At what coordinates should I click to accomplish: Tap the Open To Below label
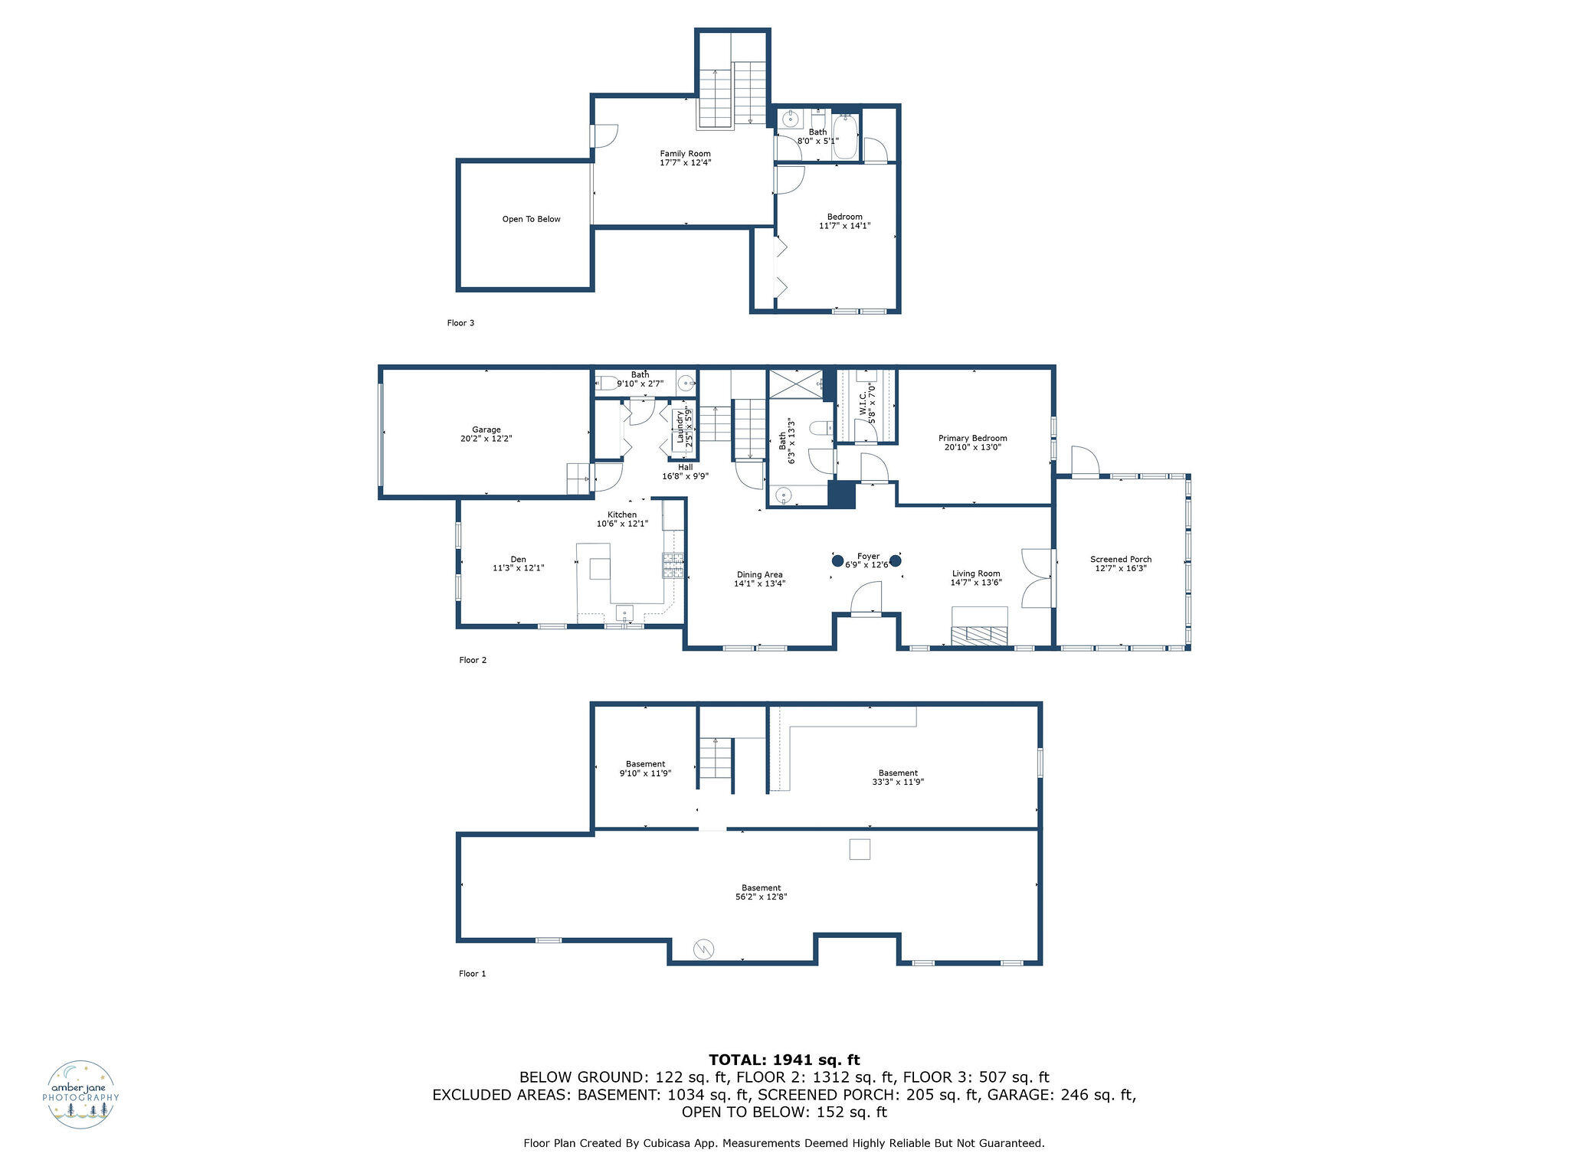(x=532, y=219)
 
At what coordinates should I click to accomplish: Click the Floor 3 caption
(x=460, y=323)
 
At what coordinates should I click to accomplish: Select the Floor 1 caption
(x=473, y=974)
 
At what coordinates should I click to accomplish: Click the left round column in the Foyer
(x=838, y=560)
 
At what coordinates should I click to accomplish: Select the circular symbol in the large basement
(x=703, y=950)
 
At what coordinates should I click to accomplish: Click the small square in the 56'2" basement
(x=860, y=849)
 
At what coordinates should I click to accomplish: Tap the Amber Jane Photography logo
(x=81, y=1095)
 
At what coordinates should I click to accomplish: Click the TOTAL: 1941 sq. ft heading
(x=784, y=1060)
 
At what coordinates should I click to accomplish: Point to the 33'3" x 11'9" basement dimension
(x=898, y=782)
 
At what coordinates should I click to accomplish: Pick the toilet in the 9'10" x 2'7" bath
(x=608, y=382)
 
